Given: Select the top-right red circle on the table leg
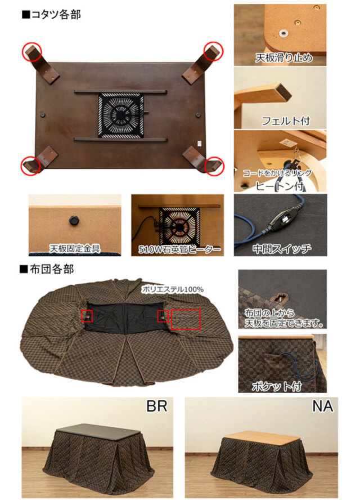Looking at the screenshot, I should tap(213, 51).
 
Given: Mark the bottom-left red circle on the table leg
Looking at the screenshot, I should tap(31, 166).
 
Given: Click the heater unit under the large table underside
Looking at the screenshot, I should tap(121, 114).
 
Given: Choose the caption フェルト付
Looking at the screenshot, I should tap(285, 120).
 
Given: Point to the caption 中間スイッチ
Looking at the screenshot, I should tap(281, 248).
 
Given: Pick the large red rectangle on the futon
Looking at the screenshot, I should tap(186, 319).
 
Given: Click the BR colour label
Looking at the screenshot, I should tap(157, 406).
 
